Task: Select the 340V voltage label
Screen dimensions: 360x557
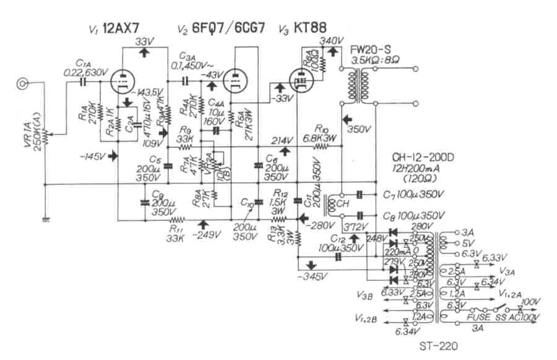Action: [x=331, y=41]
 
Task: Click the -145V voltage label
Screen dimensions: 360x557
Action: [x=92, y=156]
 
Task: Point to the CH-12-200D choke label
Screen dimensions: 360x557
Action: [x=423, y=158]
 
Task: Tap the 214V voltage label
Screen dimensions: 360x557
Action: [x=282, y=140]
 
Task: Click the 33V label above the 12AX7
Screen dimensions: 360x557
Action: [x=144, y=41]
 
